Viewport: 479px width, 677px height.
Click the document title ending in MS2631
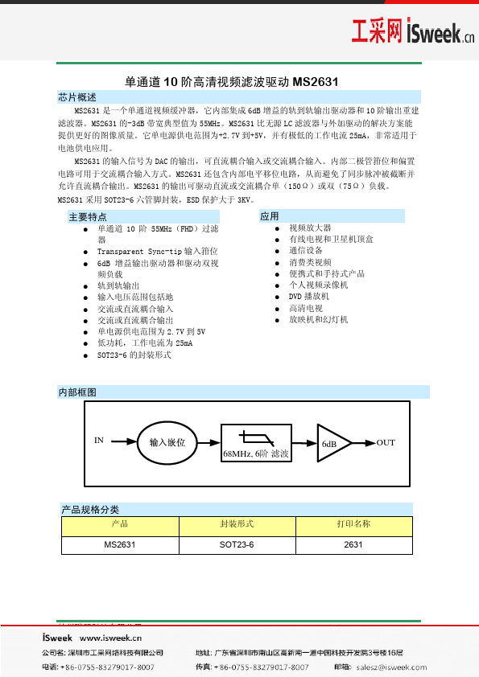click(x=232, y=81)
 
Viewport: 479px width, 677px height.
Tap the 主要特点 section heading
click(x=88, y=217)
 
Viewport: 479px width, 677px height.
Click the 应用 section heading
click(x=270, y=216)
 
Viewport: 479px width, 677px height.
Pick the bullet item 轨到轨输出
click(x=118, y=285)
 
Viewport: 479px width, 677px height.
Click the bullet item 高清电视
click(x=306, y=308)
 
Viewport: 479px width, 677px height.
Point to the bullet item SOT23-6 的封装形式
click(x=134, y=355)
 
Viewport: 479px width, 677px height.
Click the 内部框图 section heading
click(x=77, y=392)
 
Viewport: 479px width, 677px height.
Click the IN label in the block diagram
click(x=99, y=441)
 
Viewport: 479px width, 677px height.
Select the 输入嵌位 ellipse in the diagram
click(x=167, y=442)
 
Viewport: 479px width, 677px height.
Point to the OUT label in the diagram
click(x=386, y=443)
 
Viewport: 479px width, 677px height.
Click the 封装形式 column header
click(x=237, y=524)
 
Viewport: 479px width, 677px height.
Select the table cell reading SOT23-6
click(x=237, y=544)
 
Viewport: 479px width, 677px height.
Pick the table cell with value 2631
click(x=353, y=544)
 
